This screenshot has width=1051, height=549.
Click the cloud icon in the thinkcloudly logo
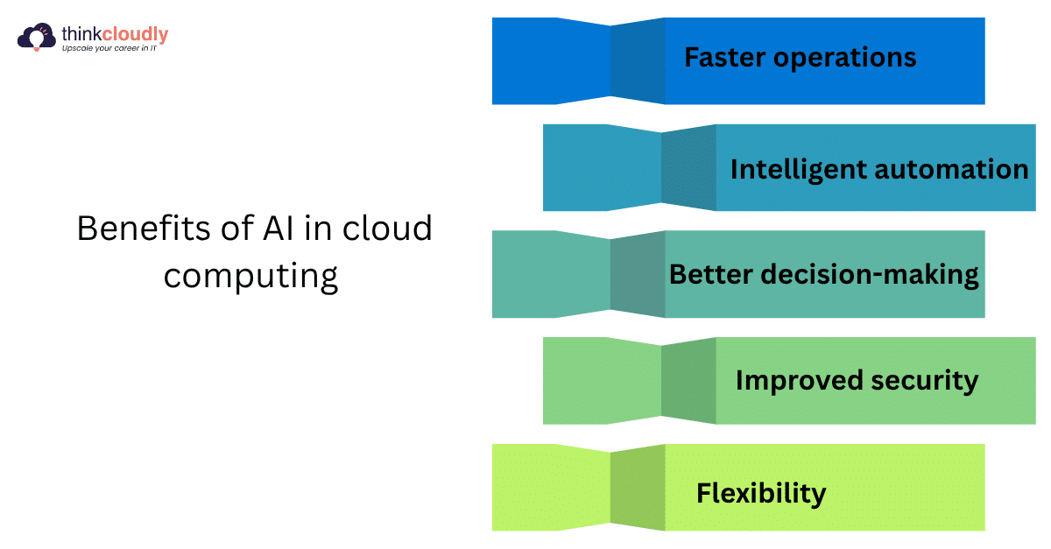coord(37,37)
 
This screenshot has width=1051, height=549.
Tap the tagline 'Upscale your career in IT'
coord(109,48)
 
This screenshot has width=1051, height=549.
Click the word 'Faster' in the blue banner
coord(724,57)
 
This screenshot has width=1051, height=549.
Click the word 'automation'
coord(951,169)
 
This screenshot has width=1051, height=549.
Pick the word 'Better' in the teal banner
coord(711,274)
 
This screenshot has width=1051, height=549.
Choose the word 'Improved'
coord(799,381)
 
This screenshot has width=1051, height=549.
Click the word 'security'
coord(925,381)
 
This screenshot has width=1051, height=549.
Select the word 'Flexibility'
coord(761,494)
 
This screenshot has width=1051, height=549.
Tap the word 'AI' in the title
coord(278,229)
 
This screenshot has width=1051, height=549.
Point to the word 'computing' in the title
coord(250,277)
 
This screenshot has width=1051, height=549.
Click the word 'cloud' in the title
coord(387,228)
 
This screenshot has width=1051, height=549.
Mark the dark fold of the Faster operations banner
coord(638,61)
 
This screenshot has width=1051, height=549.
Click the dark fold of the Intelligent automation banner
coord(688,167)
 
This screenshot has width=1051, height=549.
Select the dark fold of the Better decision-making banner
coord(638,274)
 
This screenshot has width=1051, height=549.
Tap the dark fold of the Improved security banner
coord(688,381)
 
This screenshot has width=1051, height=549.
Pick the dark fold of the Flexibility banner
coord(638,488)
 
